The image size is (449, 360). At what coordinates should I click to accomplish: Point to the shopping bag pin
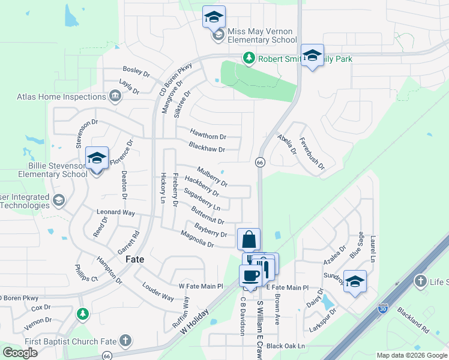click(x=249, y=240)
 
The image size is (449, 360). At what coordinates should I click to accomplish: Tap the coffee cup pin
click(x=250, y=275)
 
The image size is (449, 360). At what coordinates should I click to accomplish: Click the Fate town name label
click(x=134, y=260)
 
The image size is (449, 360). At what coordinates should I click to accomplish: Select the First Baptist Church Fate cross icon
click(x=125, y=341)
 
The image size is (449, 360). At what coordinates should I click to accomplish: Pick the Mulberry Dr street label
click(x=212, y=175)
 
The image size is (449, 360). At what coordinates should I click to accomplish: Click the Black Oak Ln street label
click(x=286, y=346)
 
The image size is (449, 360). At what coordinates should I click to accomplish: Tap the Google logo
click(x=20, y=353)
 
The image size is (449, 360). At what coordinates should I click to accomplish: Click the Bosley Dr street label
click(x=136, y=71)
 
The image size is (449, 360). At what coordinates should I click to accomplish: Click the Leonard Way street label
click(x=116, y=212)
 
